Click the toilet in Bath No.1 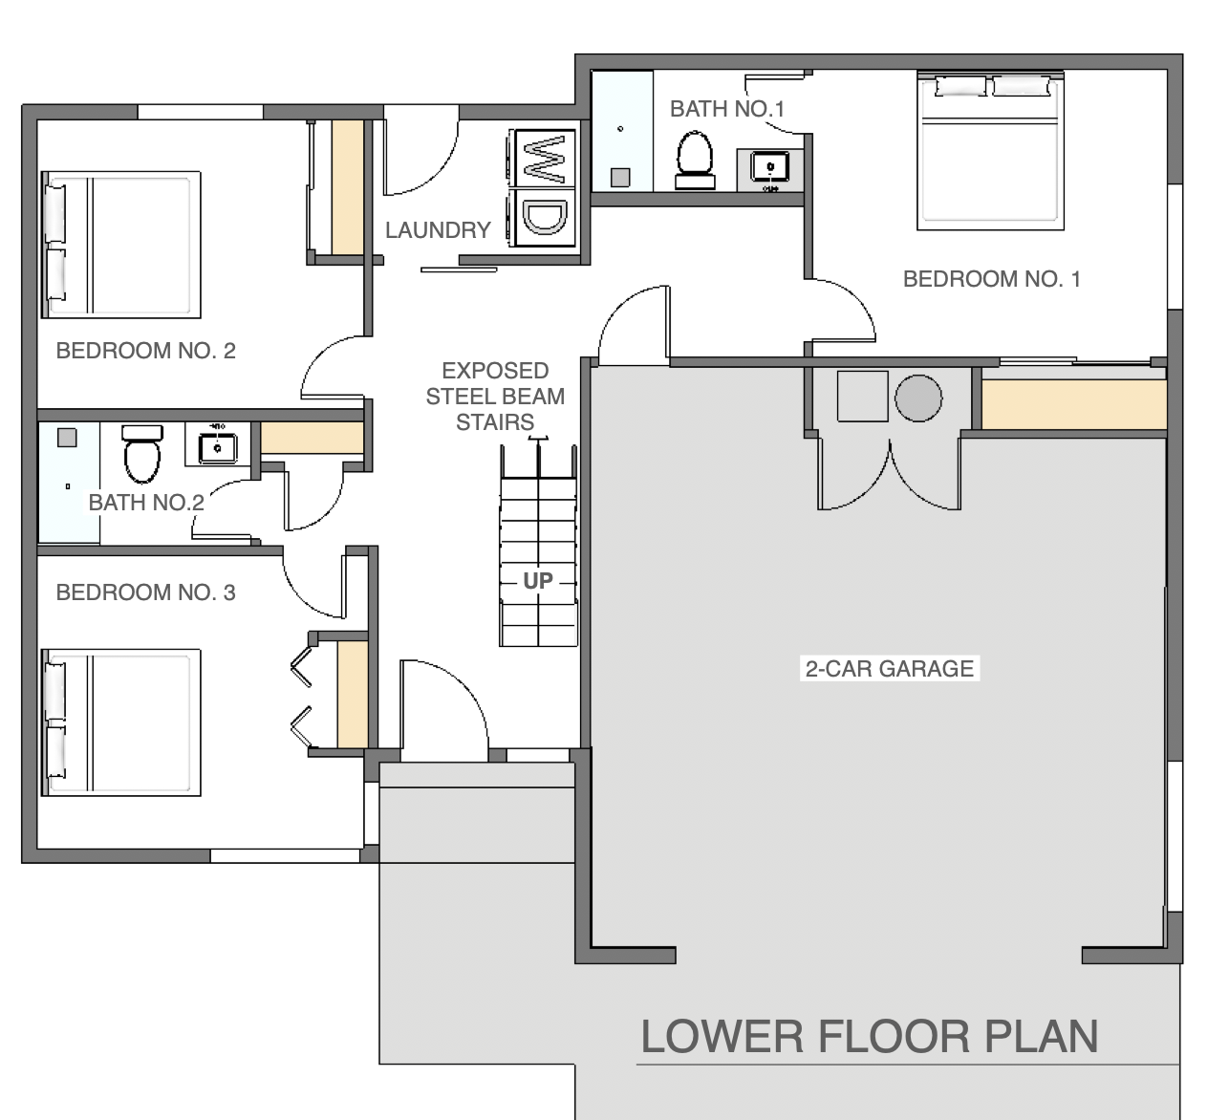click(x=695, y=160)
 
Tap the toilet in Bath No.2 click(x=142, y=454)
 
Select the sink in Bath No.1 click(x=770, y=166)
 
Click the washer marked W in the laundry click(x=544, y=158)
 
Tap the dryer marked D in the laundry click(x=544, y=218)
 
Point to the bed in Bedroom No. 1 click(x=990, y=151)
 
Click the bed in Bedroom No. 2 click(x=120, y=245)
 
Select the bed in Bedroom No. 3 click(x=120, y=722)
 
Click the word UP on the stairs click(x=538, y=581)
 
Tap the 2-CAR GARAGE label click(x=890, y=668)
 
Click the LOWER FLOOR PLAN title click(x=870, y=1037)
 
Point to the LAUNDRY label click(x=438, y=230)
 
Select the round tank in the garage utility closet click(x=918, y=398)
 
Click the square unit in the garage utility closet click(x=863, y=396)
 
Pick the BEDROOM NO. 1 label click(x=991, y=279)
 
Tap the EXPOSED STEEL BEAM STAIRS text click(x=495, y=397)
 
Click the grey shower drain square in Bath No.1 click(x=620, y=178)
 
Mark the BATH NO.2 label click(x=146, y=503)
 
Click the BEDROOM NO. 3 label click(x=146, y=592)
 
